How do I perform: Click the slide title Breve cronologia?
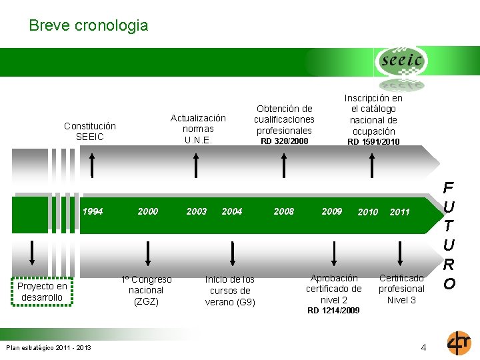tap(88, 26)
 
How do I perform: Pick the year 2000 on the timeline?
tap(147, 211)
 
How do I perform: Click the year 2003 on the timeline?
tap(196, 211)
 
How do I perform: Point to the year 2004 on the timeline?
tap(231, 211)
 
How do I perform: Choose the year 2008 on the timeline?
tap(283, 211)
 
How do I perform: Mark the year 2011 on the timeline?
tap(399, 212)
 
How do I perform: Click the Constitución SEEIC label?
tap(89, 131)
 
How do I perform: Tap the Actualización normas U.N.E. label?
tap(198, 129)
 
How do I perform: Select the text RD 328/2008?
tap(284, 141)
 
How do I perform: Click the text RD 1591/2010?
tap(373, 142)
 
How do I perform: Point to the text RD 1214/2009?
tap(333, 311)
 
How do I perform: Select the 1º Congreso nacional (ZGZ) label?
tap(146, 290)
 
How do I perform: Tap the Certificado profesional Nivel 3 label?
tap(401, 289)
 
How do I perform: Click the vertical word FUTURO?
tap(449, 235)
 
